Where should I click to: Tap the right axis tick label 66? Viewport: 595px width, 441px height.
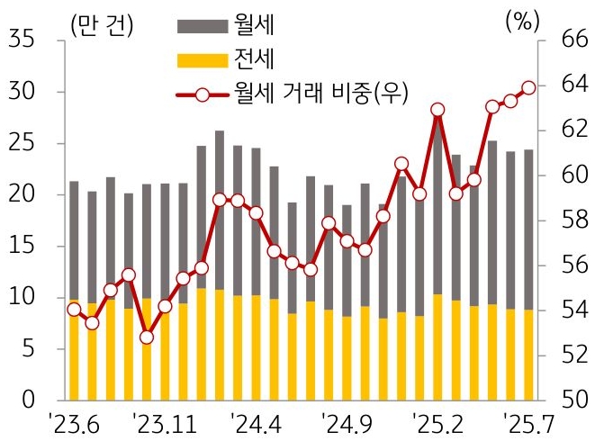[x=569, y=40]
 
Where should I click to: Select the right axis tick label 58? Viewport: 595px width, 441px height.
[x=569, y=220]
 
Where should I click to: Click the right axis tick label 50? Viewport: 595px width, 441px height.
[x=569, y=399]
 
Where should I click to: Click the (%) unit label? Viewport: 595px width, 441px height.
[x=520, y=22]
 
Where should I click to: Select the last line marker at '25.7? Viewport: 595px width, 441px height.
[x=529, y=87]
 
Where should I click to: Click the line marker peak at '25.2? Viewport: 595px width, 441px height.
[x=437, y=110]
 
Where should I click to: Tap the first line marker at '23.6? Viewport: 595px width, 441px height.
[x=74, y=310]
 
